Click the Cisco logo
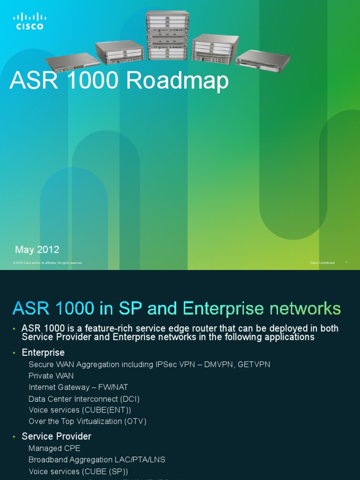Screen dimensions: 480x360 coord(30,22)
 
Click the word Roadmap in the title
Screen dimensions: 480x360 coord(177,81)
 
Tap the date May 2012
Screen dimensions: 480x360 coord(37,250)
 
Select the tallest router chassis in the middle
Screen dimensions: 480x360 coord(167,36)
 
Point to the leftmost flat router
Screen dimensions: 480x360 coord(73,61)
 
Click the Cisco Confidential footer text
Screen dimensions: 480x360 coord(322,263)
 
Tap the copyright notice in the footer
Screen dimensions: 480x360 coord(48,263)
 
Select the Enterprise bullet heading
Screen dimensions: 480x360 coord(43,352)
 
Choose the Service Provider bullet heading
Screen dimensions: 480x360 coord(57,436)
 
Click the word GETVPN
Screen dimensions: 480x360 coord(254,364)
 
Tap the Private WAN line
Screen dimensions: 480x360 coord(51,375)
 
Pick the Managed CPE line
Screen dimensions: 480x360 coord(54,449)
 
